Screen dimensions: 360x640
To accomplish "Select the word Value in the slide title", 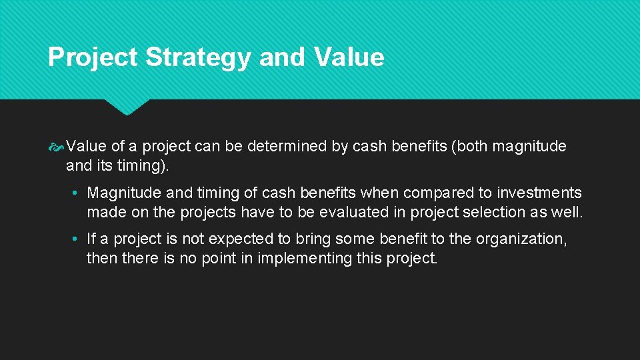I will pos(348,57).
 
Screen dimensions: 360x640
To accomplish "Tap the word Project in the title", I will pos(93,57).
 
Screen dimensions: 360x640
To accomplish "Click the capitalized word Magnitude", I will pos(123,193).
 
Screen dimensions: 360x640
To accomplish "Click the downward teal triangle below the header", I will pos(127,107).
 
